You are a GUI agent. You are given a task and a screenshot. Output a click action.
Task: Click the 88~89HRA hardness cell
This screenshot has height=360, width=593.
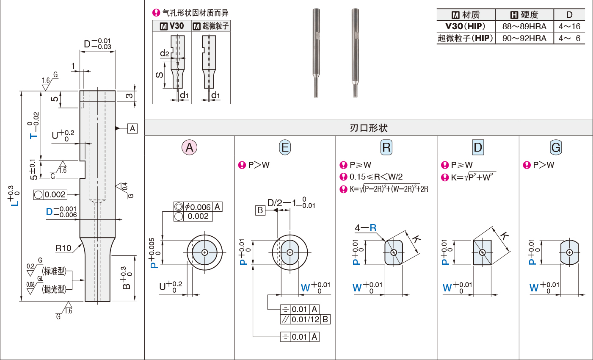click(524, 26)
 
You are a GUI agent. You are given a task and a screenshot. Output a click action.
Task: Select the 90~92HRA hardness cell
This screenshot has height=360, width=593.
click(524, 38)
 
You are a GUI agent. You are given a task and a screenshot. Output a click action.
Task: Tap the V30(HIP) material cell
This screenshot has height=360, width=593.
click(465, 26)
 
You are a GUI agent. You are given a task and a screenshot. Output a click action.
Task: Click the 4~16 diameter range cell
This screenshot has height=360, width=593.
click(569, 26)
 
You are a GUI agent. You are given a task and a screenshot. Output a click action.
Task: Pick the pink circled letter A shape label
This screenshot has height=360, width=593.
click(189, 147)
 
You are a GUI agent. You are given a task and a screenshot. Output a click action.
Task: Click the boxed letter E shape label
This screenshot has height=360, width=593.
click(285, 147)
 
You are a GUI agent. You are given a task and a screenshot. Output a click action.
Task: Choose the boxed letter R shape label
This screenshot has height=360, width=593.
click(386, 147)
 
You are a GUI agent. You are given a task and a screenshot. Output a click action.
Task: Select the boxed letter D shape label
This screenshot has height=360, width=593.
click(478, 147)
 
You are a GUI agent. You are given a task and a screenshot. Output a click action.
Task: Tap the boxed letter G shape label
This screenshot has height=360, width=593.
click(556, 147)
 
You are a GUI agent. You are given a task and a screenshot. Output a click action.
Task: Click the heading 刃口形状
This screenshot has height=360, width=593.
click(368, 128)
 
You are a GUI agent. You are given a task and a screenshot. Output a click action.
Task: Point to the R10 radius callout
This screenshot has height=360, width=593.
click(63, 248)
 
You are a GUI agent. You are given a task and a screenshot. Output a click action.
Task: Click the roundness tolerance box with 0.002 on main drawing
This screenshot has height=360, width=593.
click(50, 195)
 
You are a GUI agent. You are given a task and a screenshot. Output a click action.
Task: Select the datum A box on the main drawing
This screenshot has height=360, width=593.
click(132, 128)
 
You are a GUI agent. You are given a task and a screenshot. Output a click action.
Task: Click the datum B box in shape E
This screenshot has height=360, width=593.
click(260, 210)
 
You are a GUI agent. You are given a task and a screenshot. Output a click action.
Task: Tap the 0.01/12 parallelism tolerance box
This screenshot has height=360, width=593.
click(305, 319)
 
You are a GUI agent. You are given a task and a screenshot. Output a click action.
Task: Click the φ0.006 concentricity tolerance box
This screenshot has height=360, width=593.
click(198, 207)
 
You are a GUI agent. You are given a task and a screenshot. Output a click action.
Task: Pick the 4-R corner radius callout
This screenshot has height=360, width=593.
click(365, 228)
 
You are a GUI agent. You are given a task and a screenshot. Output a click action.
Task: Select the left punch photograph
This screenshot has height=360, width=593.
click(316, 53)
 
